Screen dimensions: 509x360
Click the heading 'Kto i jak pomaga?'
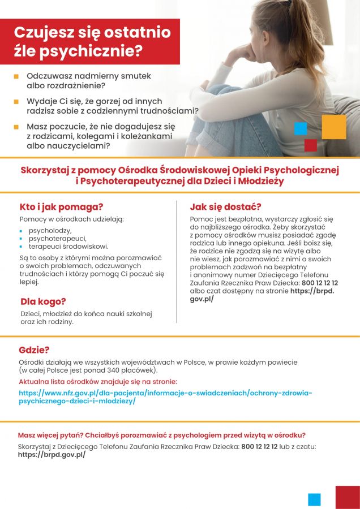(x=61, y=207)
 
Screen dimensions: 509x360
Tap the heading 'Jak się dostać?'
(x=225, y=207)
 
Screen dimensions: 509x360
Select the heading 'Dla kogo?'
(x=43, y=301)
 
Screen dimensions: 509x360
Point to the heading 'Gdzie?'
(x=34, y=350)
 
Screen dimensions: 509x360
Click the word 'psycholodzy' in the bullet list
(x=50, y=231)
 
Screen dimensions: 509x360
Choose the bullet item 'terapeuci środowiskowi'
(x=68, y=247)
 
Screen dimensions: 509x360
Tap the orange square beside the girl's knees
(x=334, y=127)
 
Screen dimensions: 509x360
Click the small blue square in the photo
(x=301, y=128)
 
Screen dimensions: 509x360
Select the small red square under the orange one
(x=310, y=145)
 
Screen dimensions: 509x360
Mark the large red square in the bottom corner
(x=347, y=497)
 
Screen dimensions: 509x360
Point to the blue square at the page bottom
(x=314, y=499)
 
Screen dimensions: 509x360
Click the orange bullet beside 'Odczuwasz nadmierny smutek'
(x=16, y=76)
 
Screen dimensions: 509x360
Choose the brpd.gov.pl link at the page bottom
(x=52, y=454)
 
